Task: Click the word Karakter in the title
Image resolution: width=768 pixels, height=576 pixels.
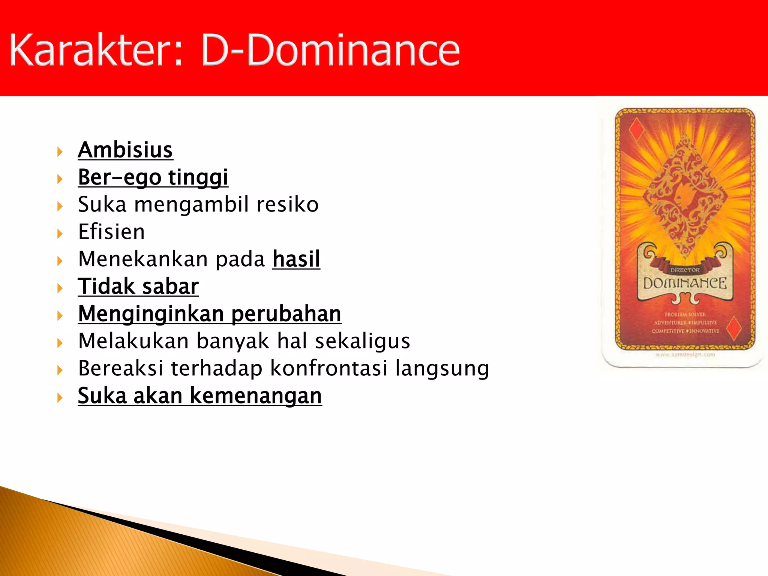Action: coord(96,49)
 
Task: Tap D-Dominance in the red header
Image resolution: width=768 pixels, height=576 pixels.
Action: coord(330,49)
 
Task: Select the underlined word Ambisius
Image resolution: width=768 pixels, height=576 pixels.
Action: coord(125,150)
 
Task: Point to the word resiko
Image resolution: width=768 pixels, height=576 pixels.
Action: coord(287,204)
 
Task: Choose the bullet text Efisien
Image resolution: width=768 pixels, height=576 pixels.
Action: coord(111,232)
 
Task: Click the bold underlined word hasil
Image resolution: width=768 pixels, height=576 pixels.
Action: coord(296,259)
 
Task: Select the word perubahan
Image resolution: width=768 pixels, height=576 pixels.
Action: coord(286,314)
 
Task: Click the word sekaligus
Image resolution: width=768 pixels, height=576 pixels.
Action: coord(362,341)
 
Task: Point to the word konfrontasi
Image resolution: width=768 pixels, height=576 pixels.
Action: coord(328,368)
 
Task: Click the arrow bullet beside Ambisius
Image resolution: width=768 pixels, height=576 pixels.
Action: coord(60,152)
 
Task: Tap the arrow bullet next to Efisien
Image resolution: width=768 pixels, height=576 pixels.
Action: coord(60,234)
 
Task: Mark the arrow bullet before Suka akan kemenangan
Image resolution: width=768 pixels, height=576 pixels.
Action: coord(60,397)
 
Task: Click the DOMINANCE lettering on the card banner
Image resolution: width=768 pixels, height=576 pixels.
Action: coord(685,283)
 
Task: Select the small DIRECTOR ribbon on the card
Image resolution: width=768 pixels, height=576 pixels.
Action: coord(685,270)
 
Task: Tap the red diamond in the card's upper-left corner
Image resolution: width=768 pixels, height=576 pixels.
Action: coord(636,129)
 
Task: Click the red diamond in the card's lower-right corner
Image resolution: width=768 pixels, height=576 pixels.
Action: coord(733,327)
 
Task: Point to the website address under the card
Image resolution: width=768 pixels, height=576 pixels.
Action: coord(685,354)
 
